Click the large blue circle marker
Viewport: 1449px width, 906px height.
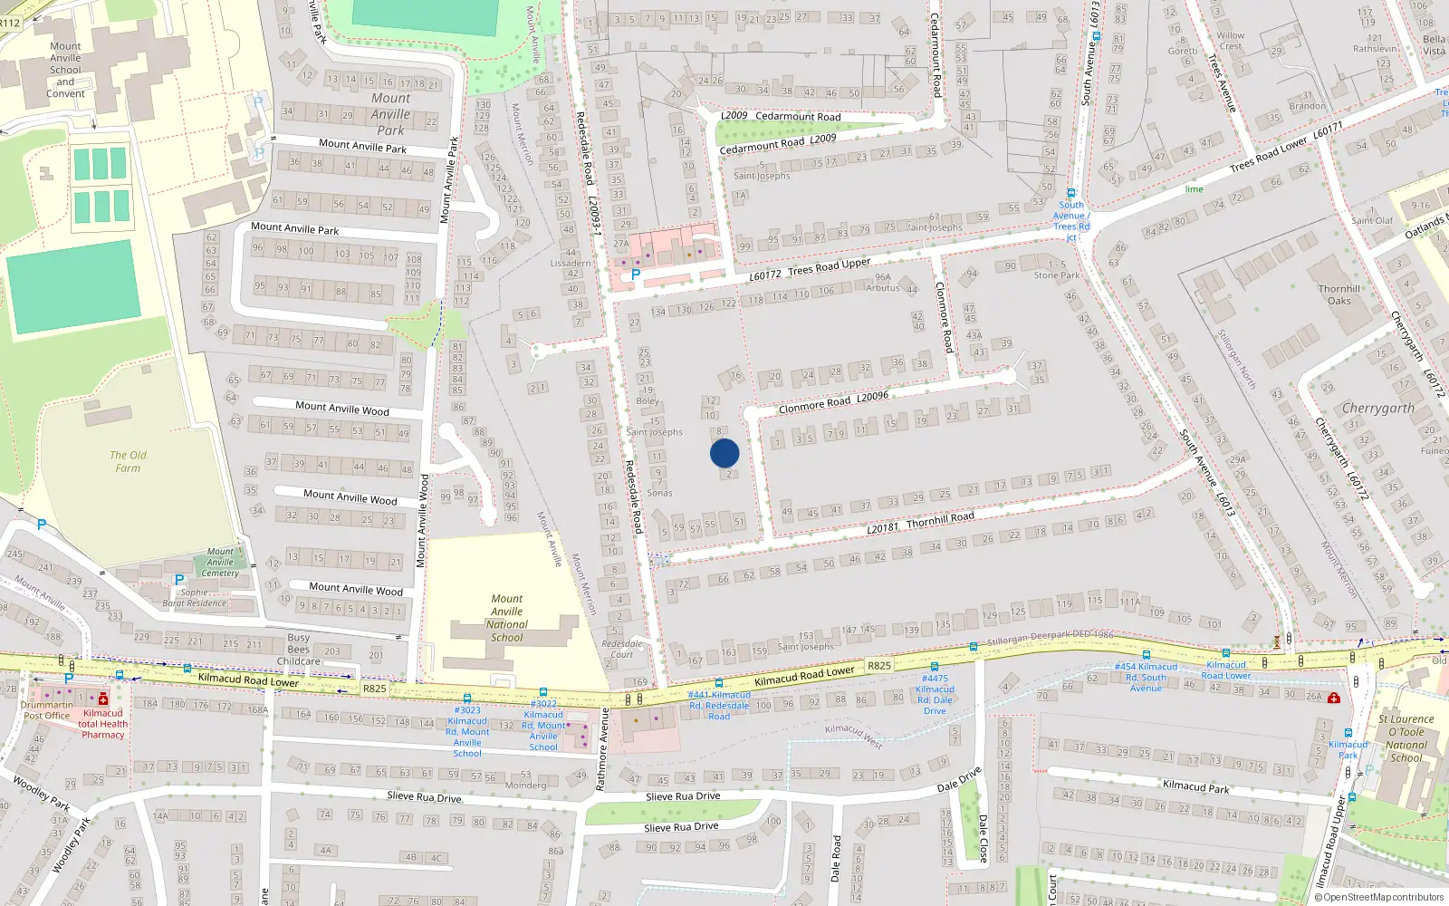(724, 453)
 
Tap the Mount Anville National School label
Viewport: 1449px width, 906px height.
(507, 618)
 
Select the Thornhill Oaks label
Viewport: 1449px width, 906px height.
(1339, 295)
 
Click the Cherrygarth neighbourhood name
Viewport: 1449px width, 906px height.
(1377, 409)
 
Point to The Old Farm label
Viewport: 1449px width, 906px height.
(128, 461)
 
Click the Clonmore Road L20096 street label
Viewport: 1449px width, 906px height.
(833, 401)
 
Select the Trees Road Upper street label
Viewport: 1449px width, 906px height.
(829, 267)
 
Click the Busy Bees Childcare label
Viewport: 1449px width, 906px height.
(299, 650)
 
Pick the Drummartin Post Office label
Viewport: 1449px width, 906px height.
(46, 710)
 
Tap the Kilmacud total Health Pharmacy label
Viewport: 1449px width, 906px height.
(103, 724)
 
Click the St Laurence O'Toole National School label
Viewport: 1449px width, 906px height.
(1406, 738)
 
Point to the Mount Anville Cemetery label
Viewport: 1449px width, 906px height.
(220, 562)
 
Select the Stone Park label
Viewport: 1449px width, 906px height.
(1057, 275)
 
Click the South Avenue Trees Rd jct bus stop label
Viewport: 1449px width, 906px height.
(1071, 220)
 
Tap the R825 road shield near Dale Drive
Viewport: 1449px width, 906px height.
(878, 665)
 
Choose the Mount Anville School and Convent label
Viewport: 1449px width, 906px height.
(65, 70)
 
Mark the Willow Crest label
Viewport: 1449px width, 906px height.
(1230, 41)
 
